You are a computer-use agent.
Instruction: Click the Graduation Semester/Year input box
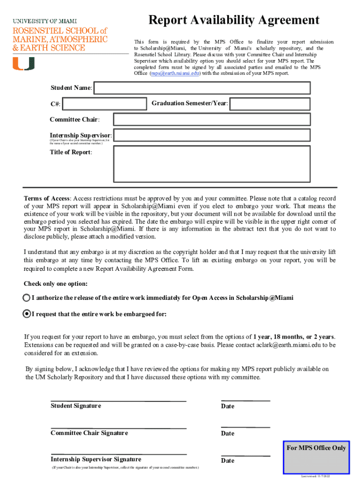coord(270,104)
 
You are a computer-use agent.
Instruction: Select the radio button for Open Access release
coord(27,298)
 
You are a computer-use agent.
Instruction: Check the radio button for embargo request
coord(27,314)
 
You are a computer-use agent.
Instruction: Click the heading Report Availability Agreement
coord(234,20)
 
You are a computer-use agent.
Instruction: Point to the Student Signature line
coord(118,401)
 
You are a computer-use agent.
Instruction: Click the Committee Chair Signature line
coord(118,428)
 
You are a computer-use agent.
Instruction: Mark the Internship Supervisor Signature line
coord(118,454)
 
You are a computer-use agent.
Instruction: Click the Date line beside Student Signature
coord(245,401)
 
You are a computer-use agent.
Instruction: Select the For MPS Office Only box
coord(317,456)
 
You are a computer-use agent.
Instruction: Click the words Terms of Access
coord(47,198)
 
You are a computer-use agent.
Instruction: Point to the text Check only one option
coord(56,284)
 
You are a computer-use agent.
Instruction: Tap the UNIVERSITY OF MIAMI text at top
coord(45,21)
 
